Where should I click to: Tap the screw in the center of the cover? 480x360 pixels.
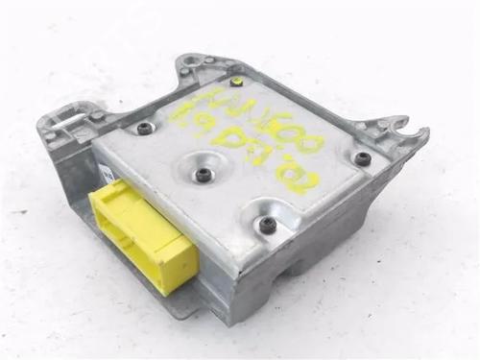click(204, 175)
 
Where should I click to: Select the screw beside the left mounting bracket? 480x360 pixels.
click(144, 127)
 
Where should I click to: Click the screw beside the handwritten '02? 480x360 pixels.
click(361, 157)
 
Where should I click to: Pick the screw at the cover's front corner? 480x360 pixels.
click(268, 225)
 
